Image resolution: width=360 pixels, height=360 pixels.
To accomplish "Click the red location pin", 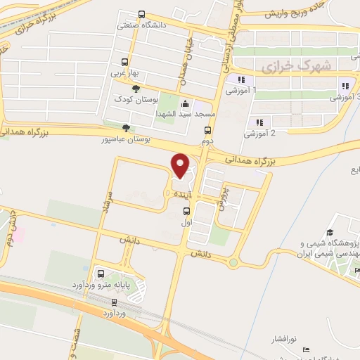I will click(181, 165).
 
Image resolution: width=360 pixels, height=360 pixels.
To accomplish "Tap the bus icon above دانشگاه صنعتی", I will click(142, 15).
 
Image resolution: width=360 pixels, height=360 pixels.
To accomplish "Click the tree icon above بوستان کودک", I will click(136, 87).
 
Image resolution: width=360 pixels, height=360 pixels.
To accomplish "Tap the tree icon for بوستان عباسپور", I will click(126, 127).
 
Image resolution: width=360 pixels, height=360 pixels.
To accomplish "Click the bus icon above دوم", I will click(207, 130).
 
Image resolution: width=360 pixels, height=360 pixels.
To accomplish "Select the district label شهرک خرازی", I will click(285, 67).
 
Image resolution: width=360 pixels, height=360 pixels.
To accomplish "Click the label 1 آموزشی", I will click(241, 91).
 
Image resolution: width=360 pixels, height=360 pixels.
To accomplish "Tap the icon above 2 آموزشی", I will click(259, 122).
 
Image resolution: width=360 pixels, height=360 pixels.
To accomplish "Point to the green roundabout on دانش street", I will click(233, 263).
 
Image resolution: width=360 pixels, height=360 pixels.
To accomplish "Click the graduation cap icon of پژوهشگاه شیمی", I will click(329, 233).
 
